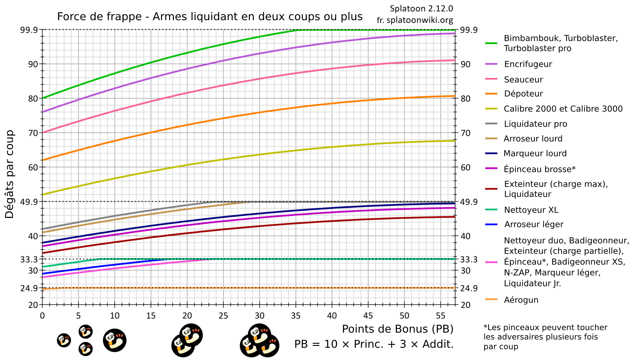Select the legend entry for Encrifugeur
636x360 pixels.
coord(528,64)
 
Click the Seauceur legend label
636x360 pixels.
coord(523,80)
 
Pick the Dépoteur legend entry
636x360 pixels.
coord(523,94)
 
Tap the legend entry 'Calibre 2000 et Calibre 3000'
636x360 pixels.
coord(563,109)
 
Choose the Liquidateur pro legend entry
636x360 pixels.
coord(535,124)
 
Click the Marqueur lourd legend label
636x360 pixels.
coord(535,153)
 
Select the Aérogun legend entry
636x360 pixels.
coord(521,300)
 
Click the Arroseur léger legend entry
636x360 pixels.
coord(533,224)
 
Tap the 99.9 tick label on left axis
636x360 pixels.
coord(29,30)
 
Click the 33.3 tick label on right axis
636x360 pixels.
coord(469,259)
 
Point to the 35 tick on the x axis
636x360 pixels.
coord(296,316)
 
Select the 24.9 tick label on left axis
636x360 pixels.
coord(29,288)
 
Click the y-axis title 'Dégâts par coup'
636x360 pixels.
coord(10,174)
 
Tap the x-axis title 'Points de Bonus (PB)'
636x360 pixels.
coord(397,329)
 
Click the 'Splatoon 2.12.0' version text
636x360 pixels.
coord(421,8)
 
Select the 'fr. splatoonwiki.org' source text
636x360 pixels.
coord(415,20)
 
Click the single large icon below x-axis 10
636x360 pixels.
coord(115,340)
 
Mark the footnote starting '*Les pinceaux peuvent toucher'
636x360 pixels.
coord(545,337)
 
